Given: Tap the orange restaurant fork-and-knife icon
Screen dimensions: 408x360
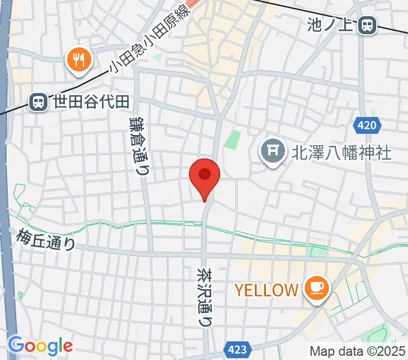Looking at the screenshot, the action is [x=79, y=60].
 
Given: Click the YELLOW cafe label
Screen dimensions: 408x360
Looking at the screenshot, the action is [x=266, y=290].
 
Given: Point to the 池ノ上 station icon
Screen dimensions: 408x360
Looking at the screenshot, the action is [x=368, y=25].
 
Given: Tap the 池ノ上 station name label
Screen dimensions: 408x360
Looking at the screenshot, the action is [x=332, y=25].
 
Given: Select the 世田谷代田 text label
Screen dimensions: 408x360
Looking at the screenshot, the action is [x=90, y=103].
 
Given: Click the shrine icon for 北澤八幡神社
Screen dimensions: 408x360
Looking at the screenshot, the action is [x=273, y=151].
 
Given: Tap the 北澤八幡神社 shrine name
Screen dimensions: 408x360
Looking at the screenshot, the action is [x=341, y=152].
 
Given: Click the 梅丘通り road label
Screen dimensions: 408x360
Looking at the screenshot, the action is [x=47, y=239].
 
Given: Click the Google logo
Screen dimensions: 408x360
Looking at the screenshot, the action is [x=40, y=346].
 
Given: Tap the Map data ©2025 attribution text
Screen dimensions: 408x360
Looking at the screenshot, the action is [x=357, y=352].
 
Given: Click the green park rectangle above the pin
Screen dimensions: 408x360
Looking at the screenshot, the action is [x=232, y=140].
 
